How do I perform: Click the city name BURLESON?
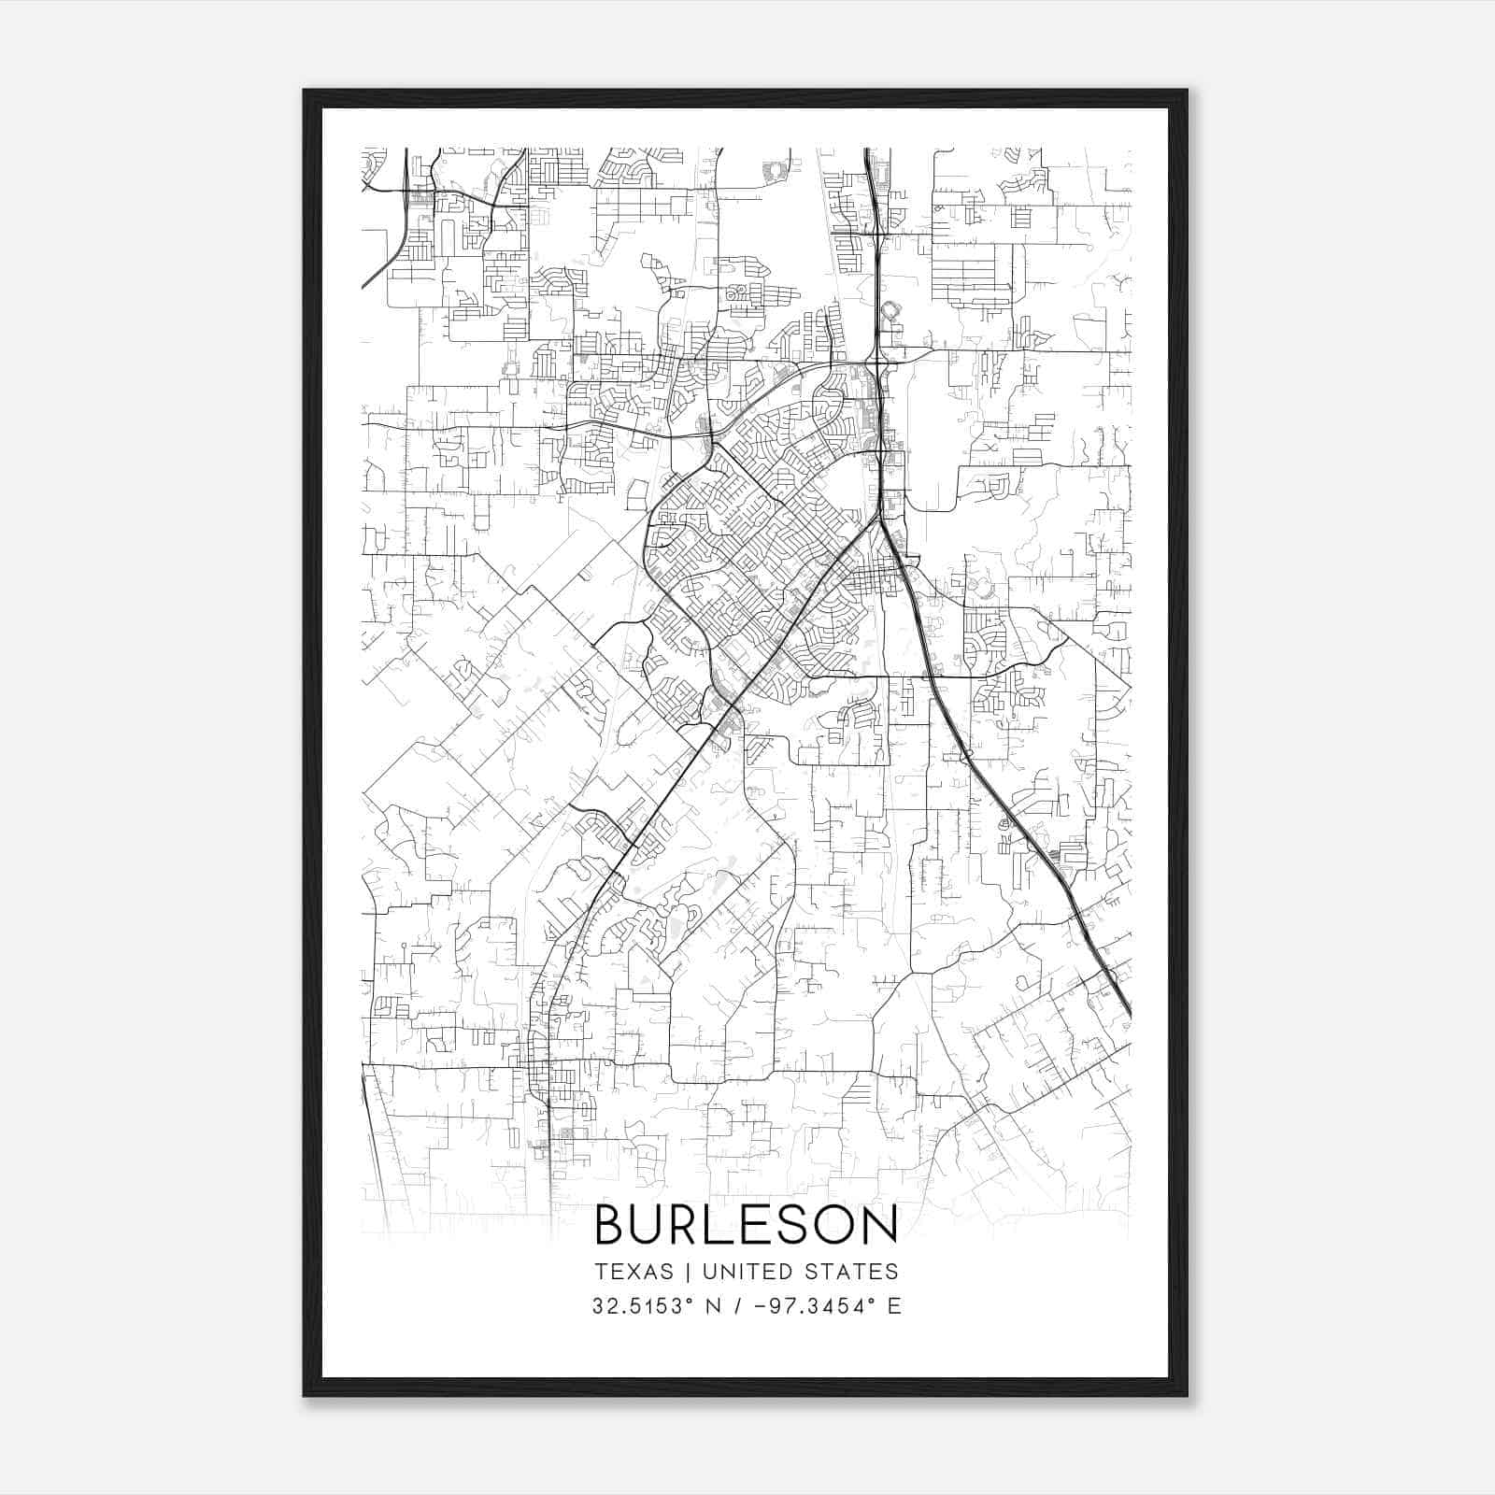tap(746, 1225)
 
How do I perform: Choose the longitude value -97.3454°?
tap(821, 1306)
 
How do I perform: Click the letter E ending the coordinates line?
tap(894, 1306)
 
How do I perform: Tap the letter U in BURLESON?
tap(648, 1225)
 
